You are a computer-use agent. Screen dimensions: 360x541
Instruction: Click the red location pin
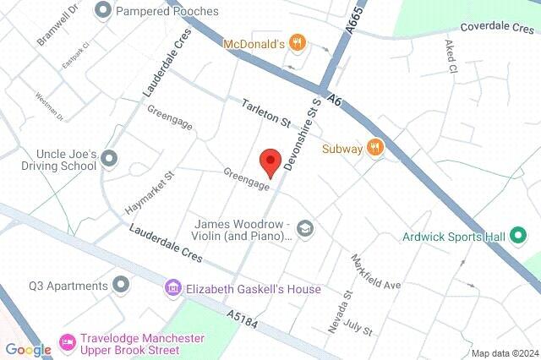270,160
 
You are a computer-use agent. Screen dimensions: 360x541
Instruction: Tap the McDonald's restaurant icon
296,42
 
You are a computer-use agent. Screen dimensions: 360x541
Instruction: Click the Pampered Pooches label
167,11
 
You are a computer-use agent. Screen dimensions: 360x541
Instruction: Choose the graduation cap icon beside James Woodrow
304,228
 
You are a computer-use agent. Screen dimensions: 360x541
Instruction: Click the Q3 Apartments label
68,285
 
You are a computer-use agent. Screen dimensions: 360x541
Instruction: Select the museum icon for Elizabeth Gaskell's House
174,289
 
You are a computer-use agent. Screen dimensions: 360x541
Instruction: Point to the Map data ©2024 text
504,352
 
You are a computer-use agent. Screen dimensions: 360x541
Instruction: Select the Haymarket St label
149,194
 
